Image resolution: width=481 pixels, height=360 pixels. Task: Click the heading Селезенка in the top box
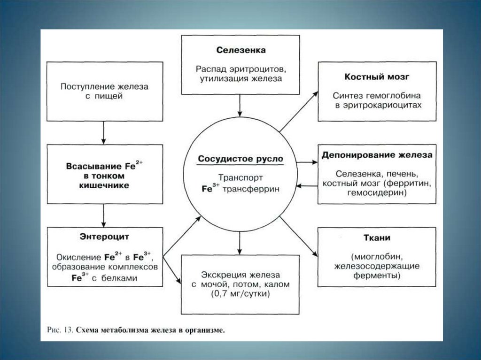tap(241, 50)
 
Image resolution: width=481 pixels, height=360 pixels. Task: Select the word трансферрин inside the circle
tap(251, 189)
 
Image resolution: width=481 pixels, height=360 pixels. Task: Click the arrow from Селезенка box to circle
tap(240, 106)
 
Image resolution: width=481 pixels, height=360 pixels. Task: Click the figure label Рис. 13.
tap(60, 330)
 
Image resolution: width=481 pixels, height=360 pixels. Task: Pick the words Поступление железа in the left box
tap(105, 87)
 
